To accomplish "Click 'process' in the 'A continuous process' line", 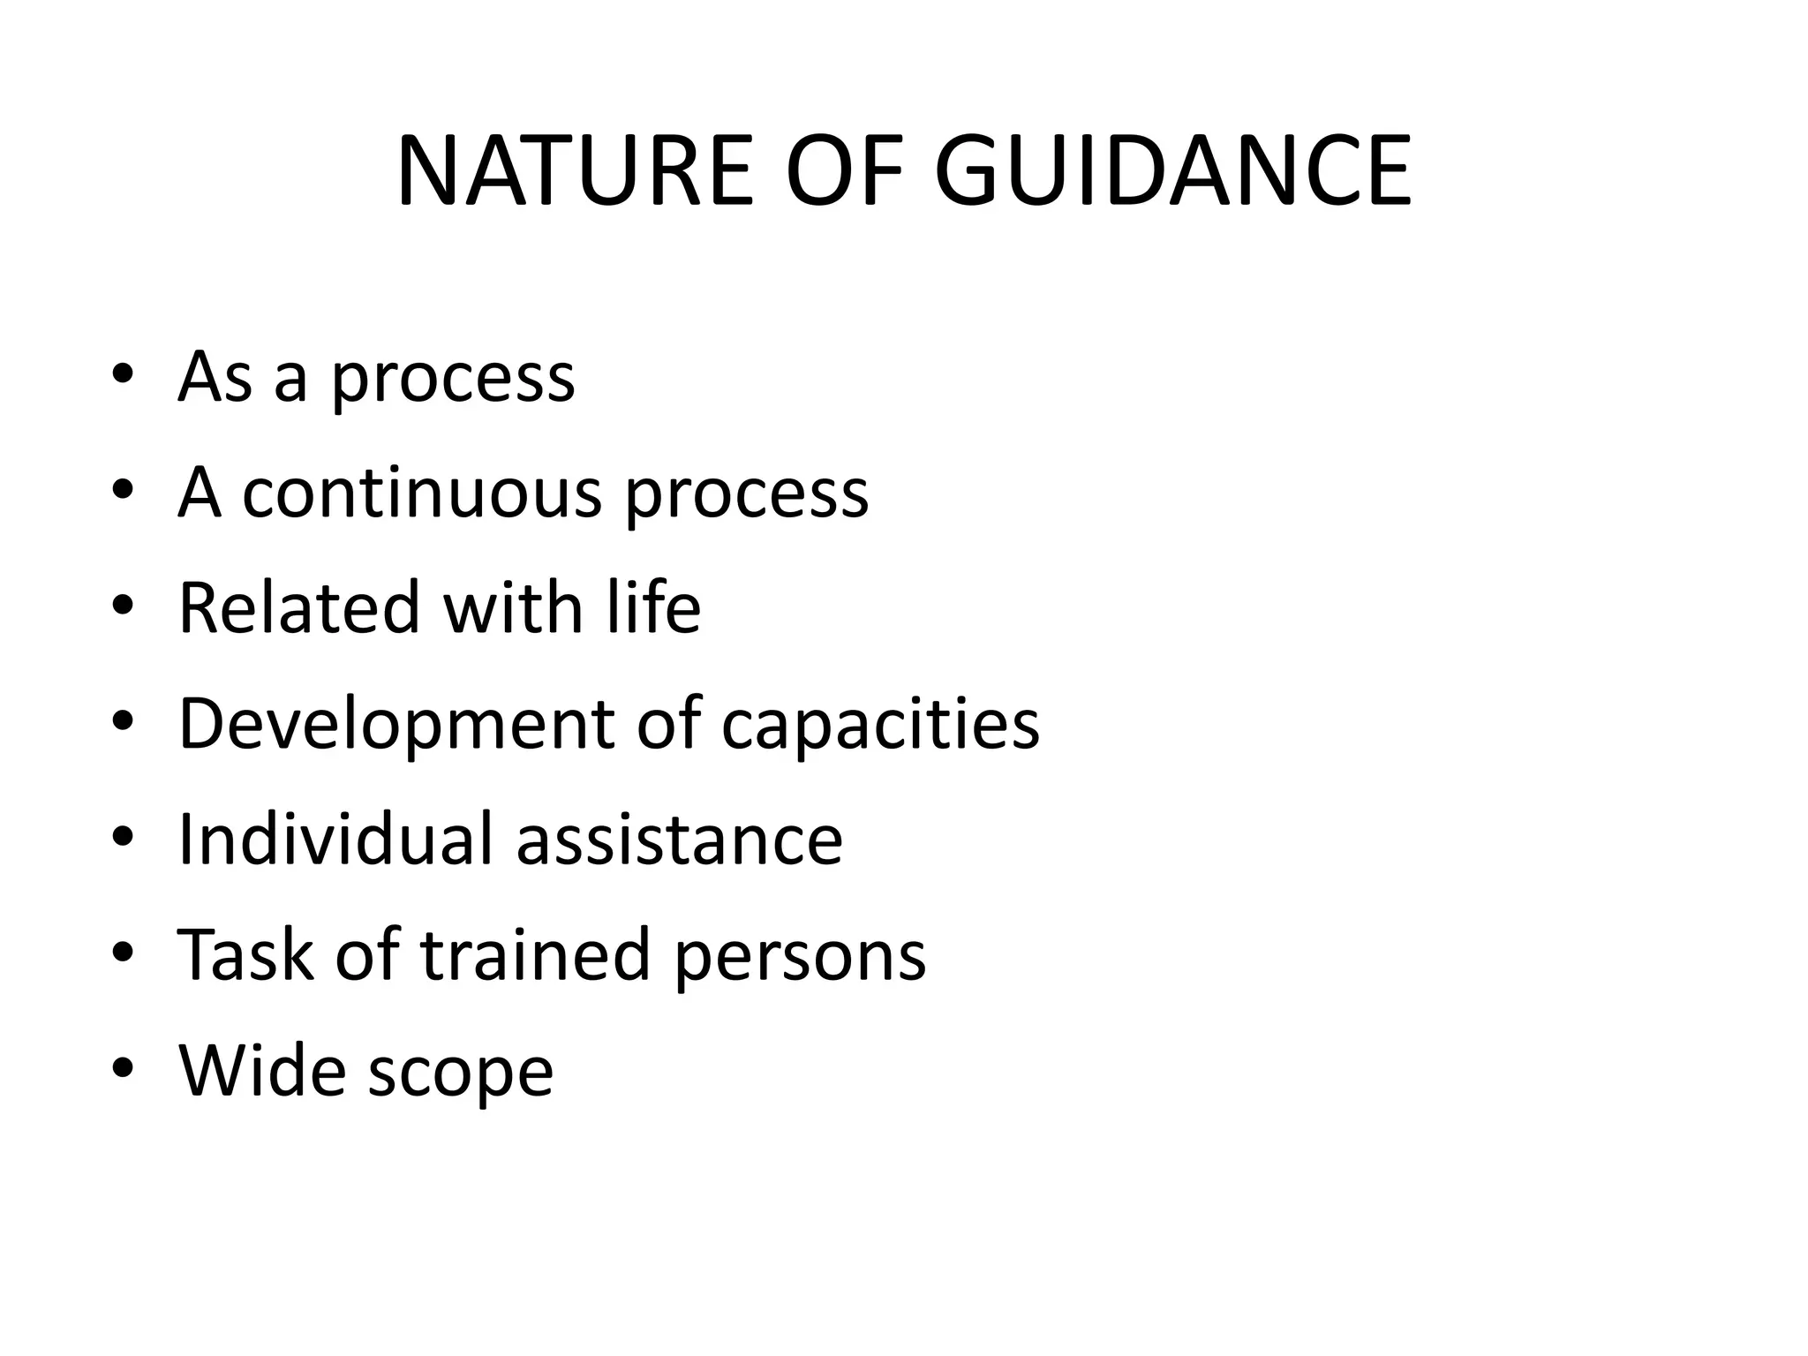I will click(747, 495).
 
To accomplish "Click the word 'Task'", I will click(246, 954).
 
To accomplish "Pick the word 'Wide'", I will click(260, 1070).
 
